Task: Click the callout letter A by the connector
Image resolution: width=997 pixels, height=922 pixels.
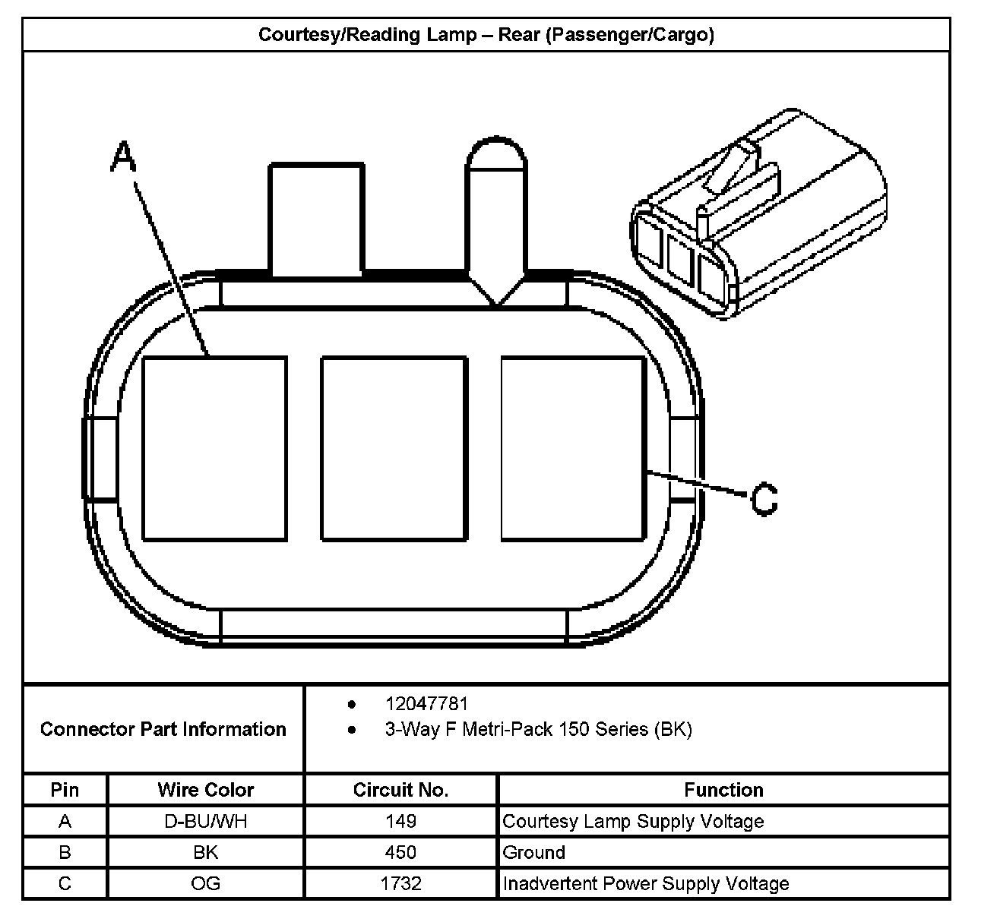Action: [123, 158]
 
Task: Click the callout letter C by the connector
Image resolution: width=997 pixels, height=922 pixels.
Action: [764, 499]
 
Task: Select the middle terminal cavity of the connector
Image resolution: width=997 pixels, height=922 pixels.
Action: [394, 449]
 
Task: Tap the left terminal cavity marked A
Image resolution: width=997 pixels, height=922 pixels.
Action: [214, 449]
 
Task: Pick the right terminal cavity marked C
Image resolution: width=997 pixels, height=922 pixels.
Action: [573, 449]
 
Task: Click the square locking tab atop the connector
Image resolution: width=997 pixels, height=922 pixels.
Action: [315, 219]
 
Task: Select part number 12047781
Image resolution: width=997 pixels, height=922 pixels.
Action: [426, 704]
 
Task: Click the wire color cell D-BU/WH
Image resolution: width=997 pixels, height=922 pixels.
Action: [206, 821]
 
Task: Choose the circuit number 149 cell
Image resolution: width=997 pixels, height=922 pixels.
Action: [400, 821]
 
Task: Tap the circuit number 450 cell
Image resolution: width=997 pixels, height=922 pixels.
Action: [400, 852]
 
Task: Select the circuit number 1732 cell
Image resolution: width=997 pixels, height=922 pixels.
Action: [400, 883]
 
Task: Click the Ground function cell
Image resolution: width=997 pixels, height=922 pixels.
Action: [533, 852]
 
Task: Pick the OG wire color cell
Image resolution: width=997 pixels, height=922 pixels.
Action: [206, 883]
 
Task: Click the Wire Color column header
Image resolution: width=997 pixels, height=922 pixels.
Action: [206, 790]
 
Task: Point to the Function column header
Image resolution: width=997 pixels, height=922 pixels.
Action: [723, 790]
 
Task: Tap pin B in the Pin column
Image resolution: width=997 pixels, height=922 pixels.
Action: [65, 852]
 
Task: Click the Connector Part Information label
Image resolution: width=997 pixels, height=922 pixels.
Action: [163, 729]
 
